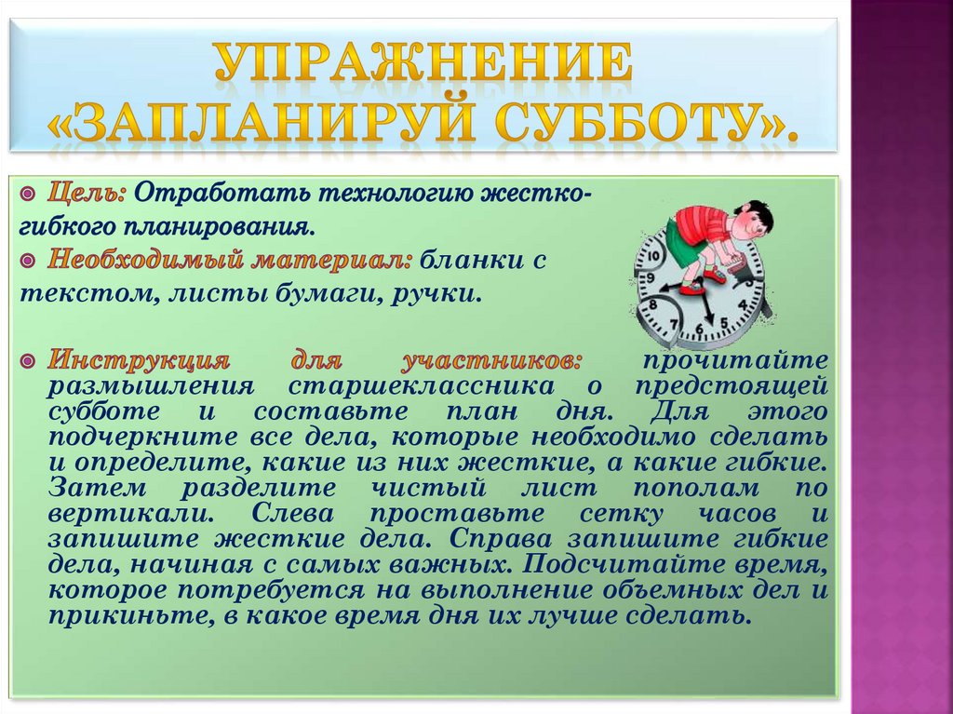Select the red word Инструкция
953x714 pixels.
tap(138, 360)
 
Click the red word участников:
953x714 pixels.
tap(493, 360)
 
